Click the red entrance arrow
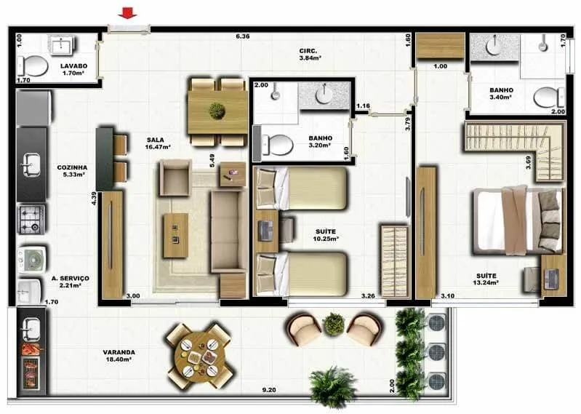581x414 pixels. click(x=127, y=14)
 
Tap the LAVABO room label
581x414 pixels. click(x=74, y=66)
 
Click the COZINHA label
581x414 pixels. click(x=72, y=167)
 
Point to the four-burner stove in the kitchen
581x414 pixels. click(x=32, y=220)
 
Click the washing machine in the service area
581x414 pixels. click(x=32, y=260)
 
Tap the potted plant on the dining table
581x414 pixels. click(x=217, y=111)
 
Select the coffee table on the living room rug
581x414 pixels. click(x=176, y=235)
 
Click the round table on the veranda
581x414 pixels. click(x=200, y=356)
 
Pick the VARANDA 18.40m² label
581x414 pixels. click(x=119, y=356)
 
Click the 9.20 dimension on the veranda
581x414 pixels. click(x=268, y=390)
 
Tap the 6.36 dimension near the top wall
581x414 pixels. click(x=243, y=36)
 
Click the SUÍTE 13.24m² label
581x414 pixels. click(x=486, y=279)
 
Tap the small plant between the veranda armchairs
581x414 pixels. click(x=334, y=325)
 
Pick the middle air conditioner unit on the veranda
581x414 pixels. click(x=436, y=351)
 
